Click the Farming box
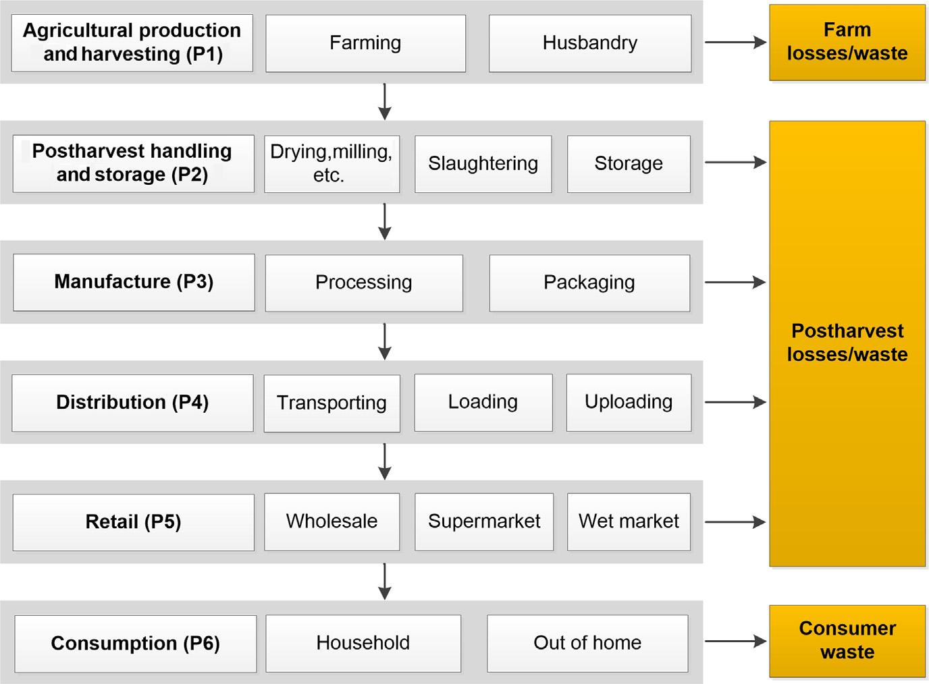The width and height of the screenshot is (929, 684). click(365, 43)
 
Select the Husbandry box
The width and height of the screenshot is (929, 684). click(590, 43)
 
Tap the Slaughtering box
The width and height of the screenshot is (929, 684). click(483, 164)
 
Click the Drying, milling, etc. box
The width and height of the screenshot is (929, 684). click(331, 164)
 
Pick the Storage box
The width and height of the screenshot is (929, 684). click(629, 164)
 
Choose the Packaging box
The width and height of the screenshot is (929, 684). click(589, 283)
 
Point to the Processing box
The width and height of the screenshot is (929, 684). click(364, 283)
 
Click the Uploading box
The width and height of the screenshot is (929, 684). click(629, 403)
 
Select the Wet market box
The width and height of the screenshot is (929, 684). click(629, 521)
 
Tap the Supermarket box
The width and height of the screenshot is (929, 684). click(484, 521)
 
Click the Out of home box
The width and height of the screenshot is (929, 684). click(587, 644)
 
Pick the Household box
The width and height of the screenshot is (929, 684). click(363, 644)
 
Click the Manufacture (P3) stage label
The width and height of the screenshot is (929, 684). click(134, 283)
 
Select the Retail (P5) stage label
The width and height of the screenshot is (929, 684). click(134, 522)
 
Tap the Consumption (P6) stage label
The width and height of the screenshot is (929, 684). click(136, 644)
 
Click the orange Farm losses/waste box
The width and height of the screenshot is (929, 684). click(847, 42)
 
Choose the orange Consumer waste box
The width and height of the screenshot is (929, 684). click(847, 641)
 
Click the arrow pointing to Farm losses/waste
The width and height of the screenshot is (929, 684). click(735, 42)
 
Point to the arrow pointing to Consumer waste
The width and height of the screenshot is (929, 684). click(735, 642)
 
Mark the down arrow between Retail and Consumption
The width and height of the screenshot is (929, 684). click(385, 581)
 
